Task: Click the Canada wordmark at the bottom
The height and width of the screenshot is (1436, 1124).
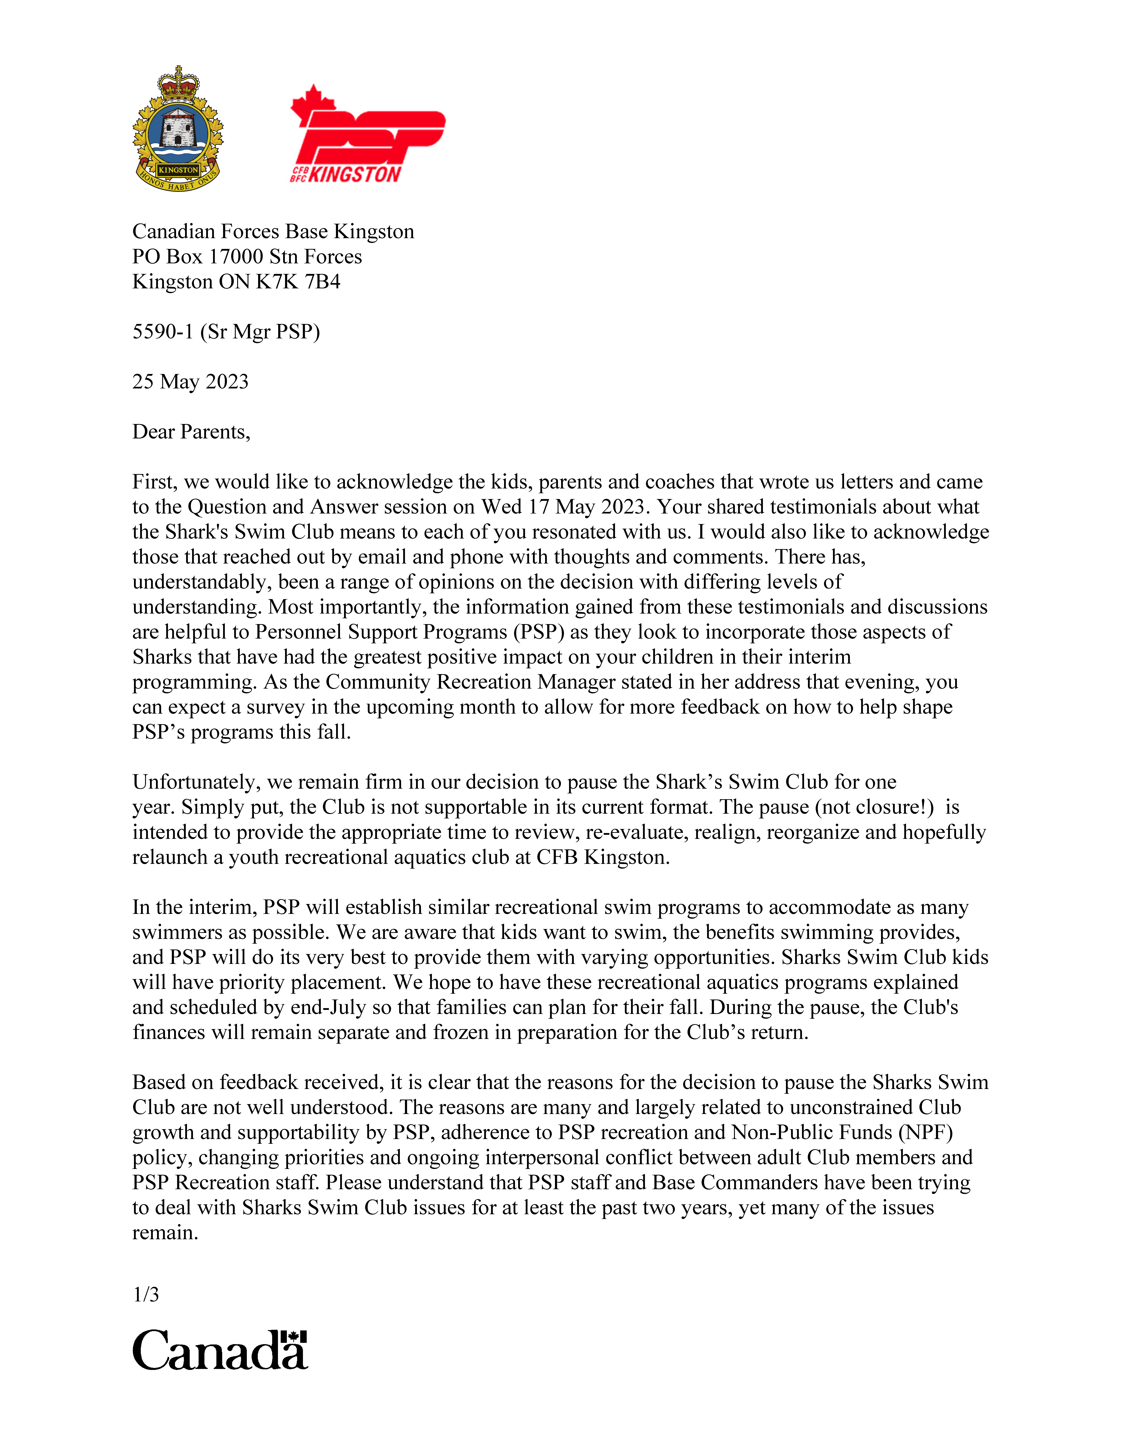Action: [220, 1350]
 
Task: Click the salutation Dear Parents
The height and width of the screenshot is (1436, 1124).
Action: [191, 432]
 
